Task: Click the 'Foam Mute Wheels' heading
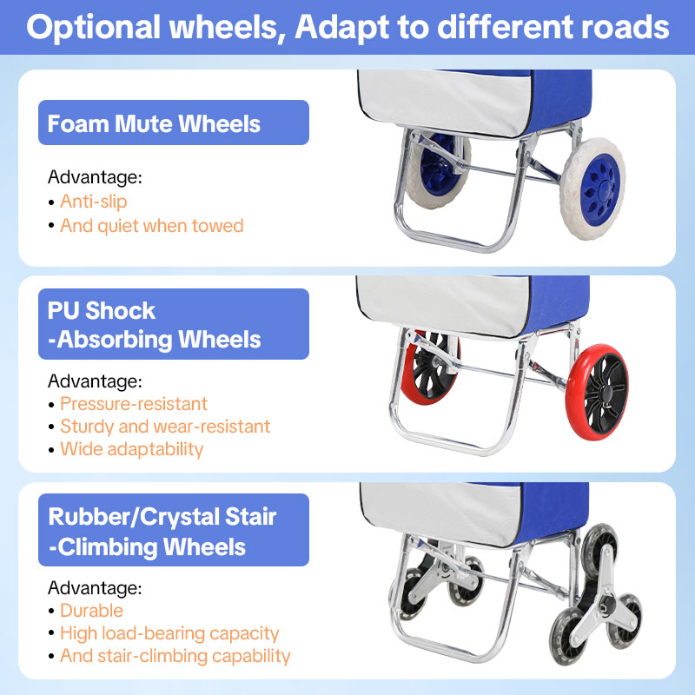pos(154,123)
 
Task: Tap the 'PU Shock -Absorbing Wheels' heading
pos(154,324)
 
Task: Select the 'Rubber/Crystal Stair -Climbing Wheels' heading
pos(162,532)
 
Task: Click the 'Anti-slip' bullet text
pos(93,202)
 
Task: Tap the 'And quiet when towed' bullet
pos(151,226)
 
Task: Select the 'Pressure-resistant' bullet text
pos(133,404)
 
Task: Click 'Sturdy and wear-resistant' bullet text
pos(164,427)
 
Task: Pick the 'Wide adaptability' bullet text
pos(131,449)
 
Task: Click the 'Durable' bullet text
pos(91,611)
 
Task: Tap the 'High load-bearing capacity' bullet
pos(169,633)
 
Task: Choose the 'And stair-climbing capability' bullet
pos(175,656)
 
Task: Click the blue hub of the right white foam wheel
pos(600,188)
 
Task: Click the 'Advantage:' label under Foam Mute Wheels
pos(94,178)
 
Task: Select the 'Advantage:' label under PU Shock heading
pos(94,381)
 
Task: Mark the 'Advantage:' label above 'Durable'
pos(94,588)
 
